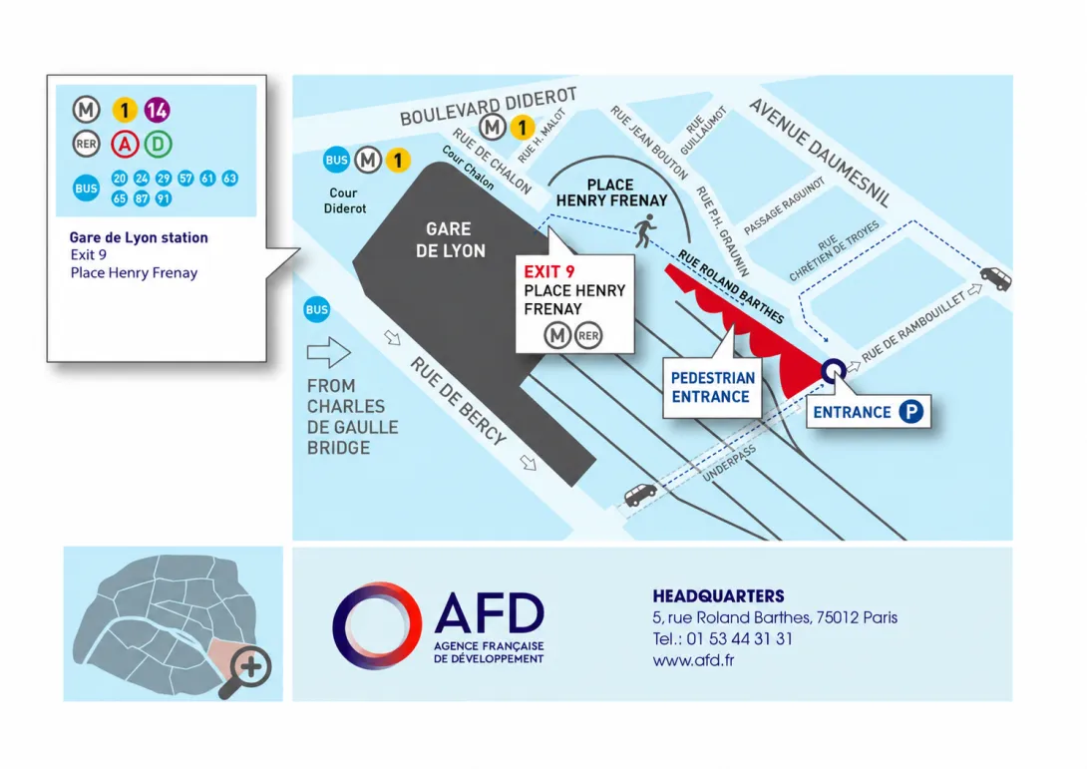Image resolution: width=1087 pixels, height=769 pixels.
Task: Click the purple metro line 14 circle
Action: [157, 110]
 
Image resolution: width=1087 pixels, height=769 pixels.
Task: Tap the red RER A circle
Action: [125, 145]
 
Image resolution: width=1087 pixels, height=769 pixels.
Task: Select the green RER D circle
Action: [158, 145]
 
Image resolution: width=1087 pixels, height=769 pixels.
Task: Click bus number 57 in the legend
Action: [185, 179]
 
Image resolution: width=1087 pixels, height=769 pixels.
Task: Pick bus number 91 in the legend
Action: [163, 198]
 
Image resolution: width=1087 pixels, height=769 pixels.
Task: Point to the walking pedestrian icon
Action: [645, 231]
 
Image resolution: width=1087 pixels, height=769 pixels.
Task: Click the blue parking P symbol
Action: [910, 412]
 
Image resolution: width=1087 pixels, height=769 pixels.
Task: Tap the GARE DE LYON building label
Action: [450, 240]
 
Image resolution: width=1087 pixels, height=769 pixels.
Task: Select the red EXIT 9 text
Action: [549, 271]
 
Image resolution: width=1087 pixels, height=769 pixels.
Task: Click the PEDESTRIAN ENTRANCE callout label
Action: [712, 387]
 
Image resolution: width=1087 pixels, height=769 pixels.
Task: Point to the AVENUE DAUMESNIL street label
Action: [820, 153]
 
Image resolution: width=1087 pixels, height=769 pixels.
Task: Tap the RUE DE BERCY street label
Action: [458, 401]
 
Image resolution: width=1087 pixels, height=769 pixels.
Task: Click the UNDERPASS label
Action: [729, 464]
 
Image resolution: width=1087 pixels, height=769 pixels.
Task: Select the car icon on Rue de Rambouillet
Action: [995, 278]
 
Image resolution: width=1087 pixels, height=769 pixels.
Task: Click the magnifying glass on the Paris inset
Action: [245, 671]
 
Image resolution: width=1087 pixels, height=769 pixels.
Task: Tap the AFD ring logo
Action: [376, 625]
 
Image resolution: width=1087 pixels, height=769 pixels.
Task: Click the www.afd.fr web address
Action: [693, 660]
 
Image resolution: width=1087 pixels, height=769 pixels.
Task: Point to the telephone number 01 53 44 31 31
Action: [739, 638]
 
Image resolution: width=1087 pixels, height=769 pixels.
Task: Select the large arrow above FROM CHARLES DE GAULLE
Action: [329, 352]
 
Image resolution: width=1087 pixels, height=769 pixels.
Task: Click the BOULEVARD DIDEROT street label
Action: [489, 106]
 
